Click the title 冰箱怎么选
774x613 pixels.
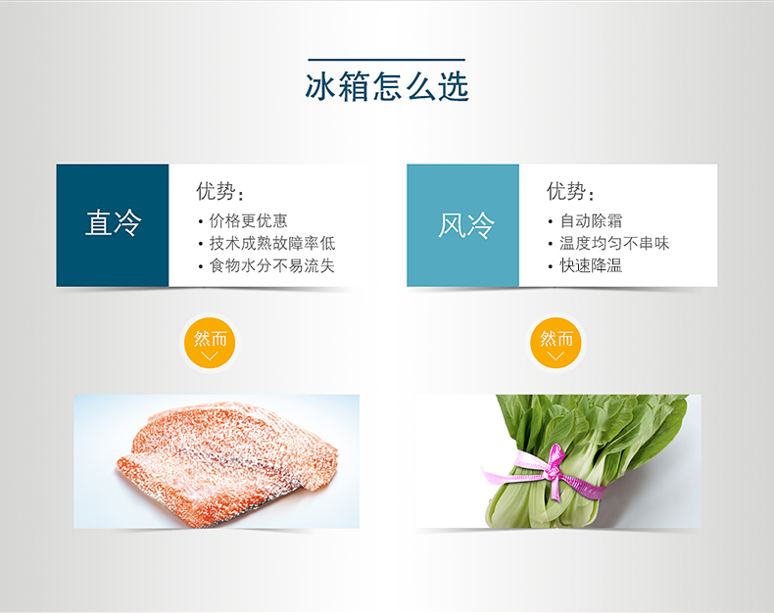pos(387,86)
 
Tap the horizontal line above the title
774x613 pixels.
pos(386,60)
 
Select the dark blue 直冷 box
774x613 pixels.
pos(113,225)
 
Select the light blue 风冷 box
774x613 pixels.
pos(463,225)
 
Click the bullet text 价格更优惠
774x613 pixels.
pos(248,220)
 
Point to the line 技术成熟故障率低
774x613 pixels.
pos(272,243)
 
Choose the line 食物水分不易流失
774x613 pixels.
pos(272,266)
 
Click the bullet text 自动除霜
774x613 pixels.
pos(591,220)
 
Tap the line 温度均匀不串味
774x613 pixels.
pos(614,243)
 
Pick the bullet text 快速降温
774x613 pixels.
pos(591,266)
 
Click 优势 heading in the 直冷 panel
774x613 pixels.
pos(219,192)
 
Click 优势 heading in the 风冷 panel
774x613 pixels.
pos(570,192)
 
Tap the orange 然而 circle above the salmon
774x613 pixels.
pos(210,343)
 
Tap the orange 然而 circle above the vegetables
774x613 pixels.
pos(556,343)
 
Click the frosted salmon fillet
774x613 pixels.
pos(227,461)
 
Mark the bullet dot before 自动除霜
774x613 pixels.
pos(551,222)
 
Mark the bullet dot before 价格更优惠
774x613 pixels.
pos(201,222)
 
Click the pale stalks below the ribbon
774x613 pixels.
pos(538,508)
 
